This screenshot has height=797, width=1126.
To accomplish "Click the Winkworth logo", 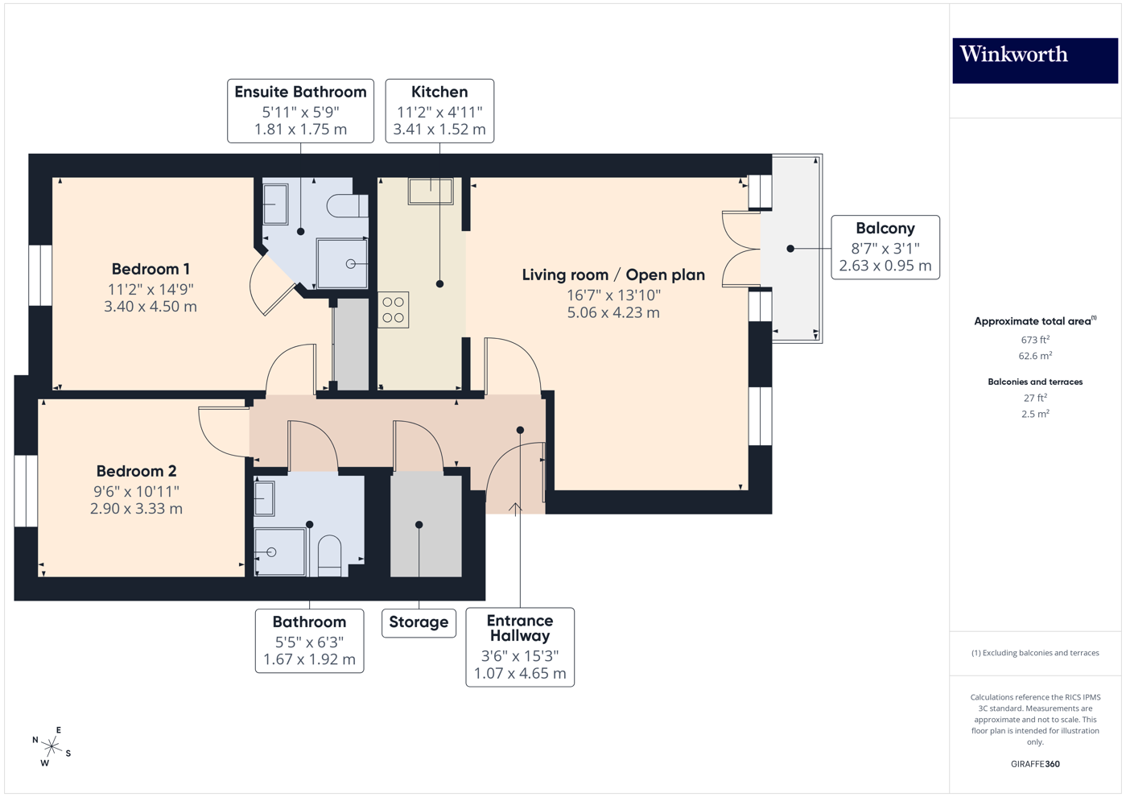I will tap(1034, 60).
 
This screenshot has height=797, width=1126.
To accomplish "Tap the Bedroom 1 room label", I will tap(151, 269).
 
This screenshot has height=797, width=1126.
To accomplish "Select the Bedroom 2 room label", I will tap(136, 471).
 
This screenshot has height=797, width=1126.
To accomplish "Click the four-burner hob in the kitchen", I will tap(394, 310).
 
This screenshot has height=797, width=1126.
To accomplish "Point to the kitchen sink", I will tap(431, 192).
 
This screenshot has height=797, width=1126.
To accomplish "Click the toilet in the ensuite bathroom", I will tap(347, 206).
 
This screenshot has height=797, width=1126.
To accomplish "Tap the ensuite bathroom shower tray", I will tap(342, 263).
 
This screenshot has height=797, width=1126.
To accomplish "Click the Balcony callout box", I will tap(885, 247).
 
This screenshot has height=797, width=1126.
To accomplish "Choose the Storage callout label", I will tap(419, 622).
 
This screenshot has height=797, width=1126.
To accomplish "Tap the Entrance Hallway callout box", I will tap(520, 646).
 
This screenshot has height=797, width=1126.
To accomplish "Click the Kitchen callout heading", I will tap(439, 92).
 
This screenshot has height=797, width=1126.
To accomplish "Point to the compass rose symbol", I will tap(52, 746).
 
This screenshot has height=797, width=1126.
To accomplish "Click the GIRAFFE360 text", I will tap(1035, 764).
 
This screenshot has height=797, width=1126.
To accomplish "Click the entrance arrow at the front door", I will tap(516, 508).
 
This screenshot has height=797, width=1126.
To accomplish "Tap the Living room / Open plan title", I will tap(613, 275).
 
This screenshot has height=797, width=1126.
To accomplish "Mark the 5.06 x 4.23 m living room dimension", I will tap(613, 312).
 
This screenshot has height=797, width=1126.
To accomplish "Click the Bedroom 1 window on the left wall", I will tap(40, 275).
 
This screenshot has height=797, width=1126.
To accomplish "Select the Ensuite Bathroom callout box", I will tap(300, 110).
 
